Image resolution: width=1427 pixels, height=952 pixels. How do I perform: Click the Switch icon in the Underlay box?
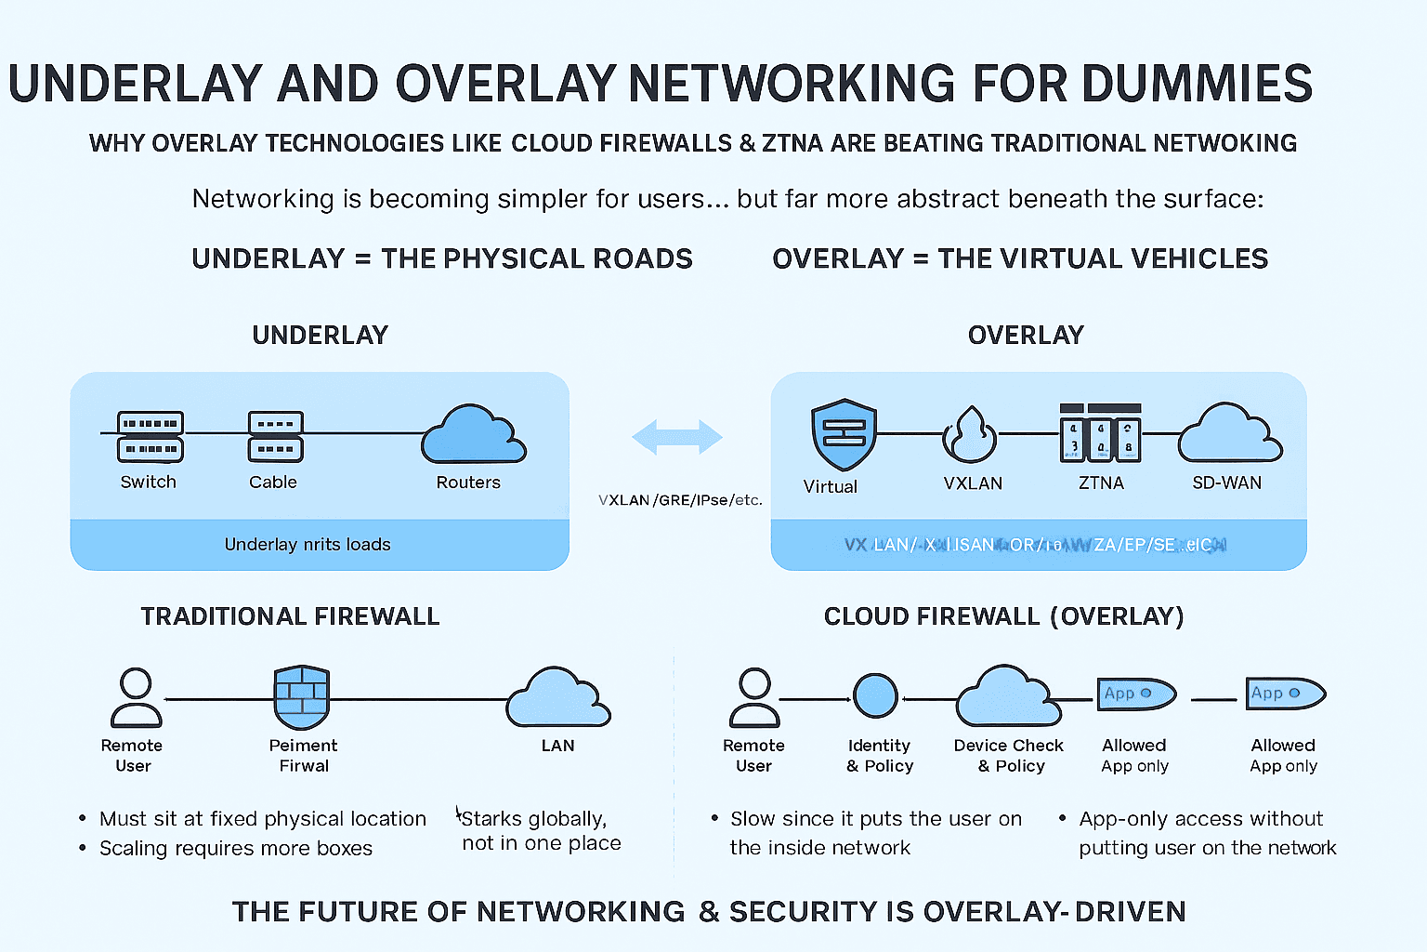tap(150, 437)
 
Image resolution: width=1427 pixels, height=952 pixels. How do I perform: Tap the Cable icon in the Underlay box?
tap(275, 437)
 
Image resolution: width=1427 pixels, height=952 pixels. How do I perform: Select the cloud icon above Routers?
tap(473, 435)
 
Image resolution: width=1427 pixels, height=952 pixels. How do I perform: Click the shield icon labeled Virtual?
tap(843, 434)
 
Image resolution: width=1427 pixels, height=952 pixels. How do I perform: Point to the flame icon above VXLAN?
tap(970, 435)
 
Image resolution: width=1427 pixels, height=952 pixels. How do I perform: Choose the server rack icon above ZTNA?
tap(1100, 434)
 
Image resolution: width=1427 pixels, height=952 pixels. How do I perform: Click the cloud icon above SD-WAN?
tap(1229, 434)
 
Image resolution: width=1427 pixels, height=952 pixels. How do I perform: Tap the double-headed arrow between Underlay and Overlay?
tap(676, 437)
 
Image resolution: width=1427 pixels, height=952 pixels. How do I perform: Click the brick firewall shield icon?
tap(302, 697)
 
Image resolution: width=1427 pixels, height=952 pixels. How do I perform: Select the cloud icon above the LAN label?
tap(558, 699)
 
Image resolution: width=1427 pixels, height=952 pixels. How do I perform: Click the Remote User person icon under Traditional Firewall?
tap(136, 697)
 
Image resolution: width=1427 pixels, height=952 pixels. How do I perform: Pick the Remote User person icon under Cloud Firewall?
tap(753, 697)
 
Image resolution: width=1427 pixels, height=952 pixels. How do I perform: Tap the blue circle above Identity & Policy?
tap(875, 696)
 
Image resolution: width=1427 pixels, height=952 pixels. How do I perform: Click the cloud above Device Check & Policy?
tap(1008, 697)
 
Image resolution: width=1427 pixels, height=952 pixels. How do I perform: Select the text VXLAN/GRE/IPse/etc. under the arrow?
tap(680, 500)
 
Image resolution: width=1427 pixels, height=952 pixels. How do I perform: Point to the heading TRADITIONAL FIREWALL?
tap(290, 616)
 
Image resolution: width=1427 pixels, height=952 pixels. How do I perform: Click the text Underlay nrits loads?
tap(308, 545)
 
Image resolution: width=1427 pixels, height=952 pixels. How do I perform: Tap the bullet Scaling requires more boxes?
tap(235, 848)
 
